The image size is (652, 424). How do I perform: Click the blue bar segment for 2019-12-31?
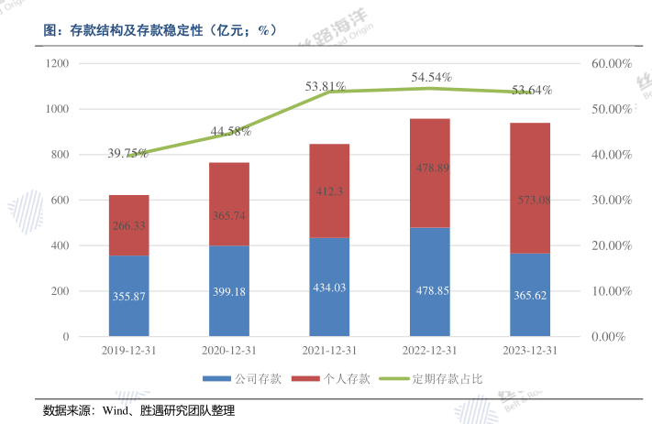[128, 296]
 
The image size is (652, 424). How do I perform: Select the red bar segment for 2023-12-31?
[530, 188]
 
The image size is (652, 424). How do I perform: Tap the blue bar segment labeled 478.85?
[429, 282]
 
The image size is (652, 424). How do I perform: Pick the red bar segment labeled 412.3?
[329, 190]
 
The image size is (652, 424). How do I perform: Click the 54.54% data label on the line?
[431, 78]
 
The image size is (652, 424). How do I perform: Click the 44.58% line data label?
[230, 131]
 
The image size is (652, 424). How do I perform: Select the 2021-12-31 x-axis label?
[329, 351]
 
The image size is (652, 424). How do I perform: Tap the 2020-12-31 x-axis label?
[229, 351]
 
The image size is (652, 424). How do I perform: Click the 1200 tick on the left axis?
[58, 63]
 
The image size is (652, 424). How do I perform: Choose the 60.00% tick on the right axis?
[612, 63]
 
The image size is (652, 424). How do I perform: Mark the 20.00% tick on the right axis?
[612, 245]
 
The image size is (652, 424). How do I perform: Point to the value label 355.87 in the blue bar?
[128, 297]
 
